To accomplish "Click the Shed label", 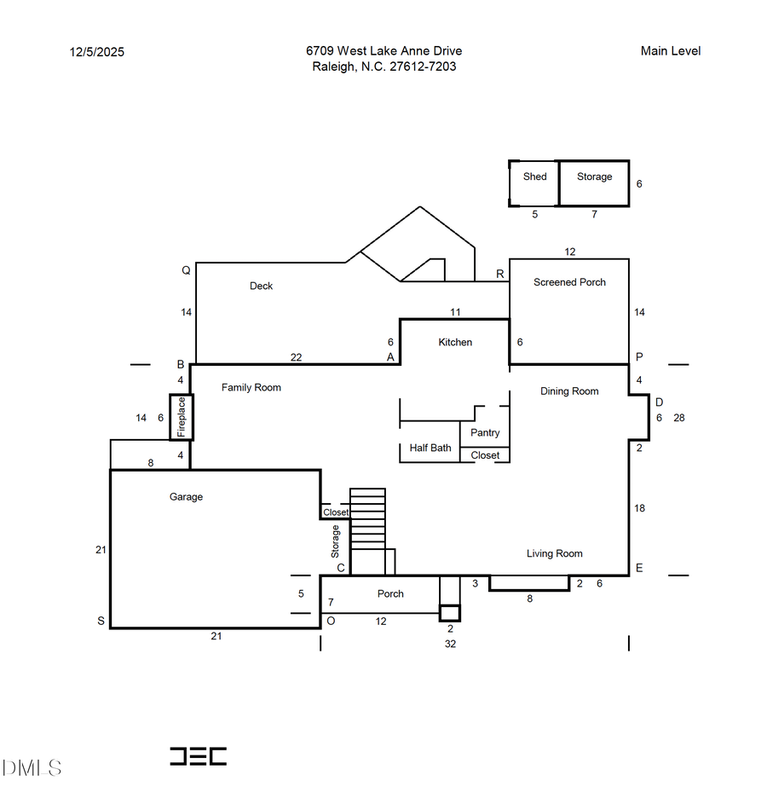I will click(534, 176).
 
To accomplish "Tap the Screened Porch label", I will click(569, 282).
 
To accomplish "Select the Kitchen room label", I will click(455, 342).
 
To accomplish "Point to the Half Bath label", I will click(430, 448).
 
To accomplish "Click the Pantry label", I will click(485, 432).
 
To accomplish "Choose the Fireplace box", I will click(182, 417).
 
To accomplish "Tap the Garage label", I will click(186, 497).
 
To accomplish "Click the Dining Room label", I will click(569, 391).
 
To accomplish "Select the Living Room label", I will click(554, 553).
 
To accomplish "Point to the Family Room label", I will click(251, 387).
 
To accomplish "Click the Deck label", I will click(261, 286).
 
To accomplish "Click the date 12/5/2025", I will click(96, 52).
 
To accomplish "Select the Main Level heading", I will click(670, 51).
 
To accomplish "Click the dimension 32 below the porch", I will click(450, 644).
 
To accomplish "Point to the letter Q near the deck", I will click(185, 270).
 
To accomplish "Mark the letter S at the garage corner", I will click(101, 621).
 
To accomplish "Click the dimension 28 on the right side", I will click(679, 418).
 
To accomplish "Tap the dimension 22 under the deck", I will click(296, 357).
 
